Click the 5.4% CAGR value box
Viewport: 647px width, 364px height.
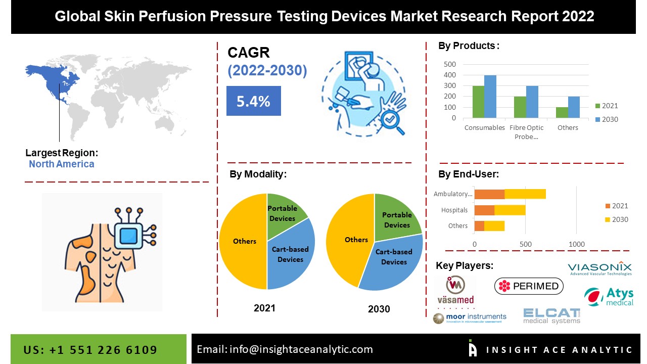coord(253,101)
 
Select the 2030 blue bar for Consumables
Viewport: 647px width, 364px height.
coord(490,97)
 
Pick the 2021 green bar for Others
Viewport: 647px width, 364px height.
coord(562,112)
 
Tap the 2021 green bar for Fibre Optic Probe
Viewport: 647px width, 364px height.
coord(520,107)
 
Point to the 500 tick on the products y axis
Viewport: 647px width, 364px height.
coord(450,64)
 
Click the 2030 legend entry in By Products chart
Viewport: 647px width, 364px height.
coord(606,119)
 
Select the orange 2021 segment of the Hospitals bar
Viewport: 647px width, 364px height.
coord(484,210)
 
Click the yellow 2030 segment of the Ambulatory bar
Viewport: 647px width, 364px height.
coord(525,194)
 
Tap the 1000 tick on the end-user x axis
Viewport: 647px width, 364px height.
coord(577,244)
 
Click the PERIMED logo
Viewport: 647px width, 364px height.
coord(529,286)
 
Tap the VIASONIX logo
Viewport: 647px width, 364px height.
coord(599,268)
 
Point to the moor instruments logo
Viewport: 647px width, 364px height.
coord(470,317)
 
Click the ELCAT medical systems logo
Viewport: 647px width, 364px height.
coord(551,315)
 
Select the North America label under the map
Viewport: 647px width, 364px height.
coord(61,164)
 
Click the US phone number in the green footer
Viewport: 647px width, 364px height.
coord(90,350)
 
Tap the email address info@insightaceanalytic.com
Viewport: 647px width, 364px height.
coord(285,349)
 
